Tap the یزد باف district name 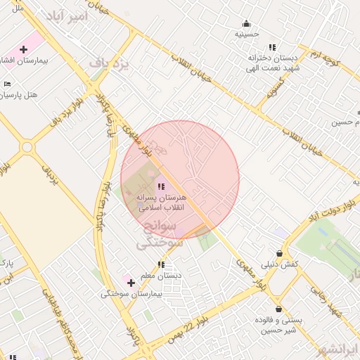click(110, 64)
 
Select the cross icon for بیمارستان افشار click(23, 49)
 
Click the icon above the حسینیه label click(246, 23)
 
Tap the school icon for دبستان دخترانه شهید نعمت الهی click(272, 47)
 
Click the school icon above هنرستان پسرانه click(161, 187)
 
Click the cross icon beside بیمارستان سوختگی click(131, 283)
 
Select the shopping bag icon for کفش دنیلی click(280, 254)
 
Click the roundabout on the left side click(27, 147)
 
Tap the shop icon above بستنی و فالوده click(279, 309)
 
